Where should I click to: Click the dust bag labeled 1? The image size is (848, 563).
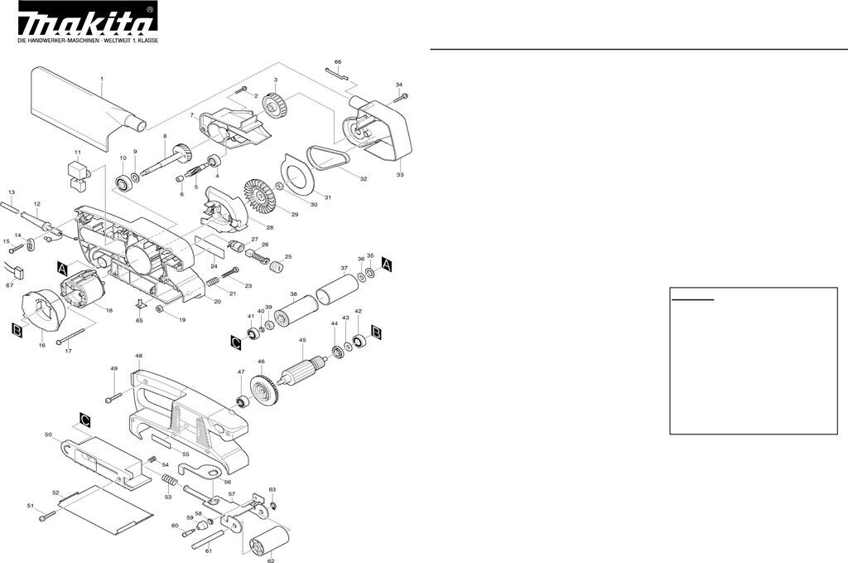click(88, 109)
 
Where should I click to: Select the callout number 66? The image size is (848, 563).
click(338, 62)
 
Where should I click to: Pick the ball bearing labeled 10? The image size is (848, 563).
click(124, 183)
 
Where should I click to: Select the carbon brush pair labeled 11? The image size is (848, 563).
click(78, 177)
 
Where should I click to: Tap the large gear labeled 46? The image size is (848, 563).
click(264, 388)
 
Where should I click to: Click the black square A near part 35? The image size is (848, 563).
click(386, 265)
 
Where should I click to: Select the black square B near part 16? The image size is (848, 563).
click(17, 330)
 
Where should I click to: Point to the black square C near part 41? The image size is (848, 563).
click(236, 342)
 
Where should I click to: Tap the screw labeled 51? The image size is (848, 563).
click(47, 517)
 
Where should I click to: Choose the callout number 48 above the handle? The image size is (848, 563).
click(139, 357)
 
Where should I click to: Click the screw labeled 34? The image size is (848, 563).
click(400, 98)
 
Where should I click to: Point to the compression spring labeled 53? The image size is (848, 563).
click(169, 481)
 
